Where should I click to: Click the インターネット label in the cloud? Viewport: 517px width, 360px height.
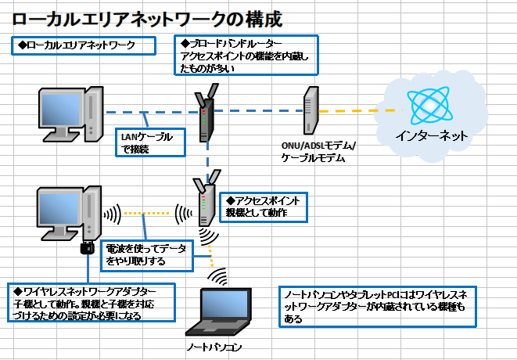pos(432,135)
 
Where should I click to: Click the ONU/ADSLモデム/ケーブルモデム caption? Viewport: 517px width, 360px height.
pos(318,152)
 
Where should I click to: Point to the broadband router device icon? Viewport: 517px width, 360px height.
pos(205,114)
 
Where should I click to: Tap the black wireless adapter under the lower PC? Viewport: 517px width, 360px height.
pos(87,250)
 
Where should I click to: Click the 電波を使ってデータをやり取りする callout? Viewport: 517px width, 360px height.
pos(146,255)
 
